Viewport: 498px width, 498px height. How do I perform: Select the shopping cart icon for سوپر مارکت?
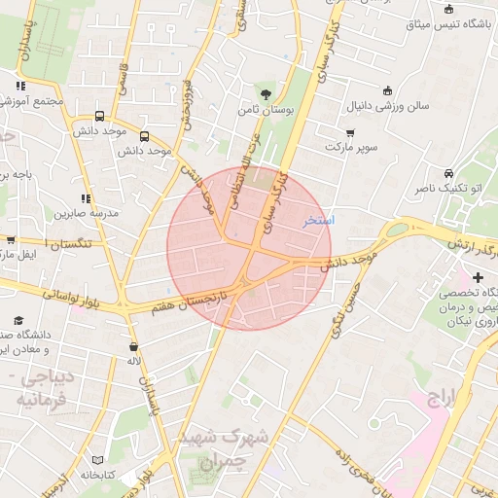[350, 132]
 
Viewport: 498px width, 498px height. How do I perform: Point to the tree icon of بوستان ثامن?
[266, 94]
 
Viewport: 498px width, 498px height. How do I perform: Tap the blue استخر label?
[318, 221]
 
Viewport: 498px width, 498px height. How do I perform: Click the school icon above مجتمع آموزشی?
[20, 86]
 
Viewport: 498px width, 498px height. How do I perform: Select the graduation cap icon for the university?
[18, 320]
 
